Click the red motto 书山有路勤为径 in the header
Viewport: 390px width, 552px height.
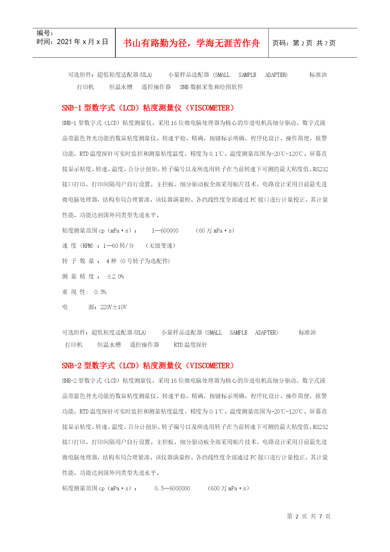coord(191,43)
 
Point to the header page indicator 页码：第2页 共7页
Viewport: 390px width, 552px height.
coord(304,43)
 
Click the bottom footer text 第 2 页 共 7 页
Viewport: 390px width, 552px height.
coord(309,516)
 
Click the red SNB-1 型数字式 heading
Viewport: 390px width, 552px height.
coord(148,108)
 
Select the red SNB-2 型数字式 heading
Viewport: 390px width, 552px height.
coord(148,366)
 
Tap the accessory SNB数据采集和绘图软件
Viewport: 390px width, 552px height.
coord(211,87)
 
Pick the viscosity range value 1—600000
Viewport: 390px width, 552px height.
coord(165,231)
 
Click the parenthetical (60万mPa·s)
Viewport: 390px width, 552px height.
coord(215,231)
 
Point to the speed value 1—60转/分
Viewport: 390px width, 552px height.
coord(118,246)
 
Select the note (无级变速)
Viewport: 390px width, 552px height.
coord(161,246)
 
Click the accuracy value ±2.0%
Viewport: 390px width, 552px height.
coord(115,277)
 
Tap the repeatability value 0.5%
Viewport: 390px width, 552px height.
coord(100,292)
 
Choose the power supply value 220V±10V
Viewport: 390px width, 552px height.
coord(113,307)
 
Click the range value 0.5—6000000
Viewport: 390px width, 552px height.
coord(172,488)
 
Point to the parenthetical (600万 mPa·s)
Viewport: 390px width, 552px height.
coord(228,488)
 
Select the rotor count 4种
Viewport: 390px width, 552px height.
coord(111,261)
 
